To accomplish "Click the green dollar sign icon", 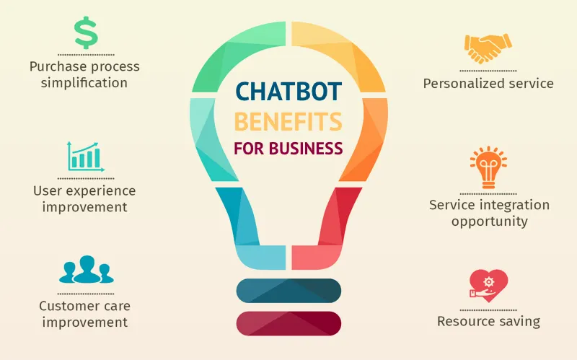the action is pos(86,32).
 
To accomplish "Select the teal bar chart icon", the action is pos(86,157).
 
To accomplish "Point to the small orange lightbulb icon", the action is pos(488,167).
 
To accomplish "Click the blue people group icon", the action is pos(87,269).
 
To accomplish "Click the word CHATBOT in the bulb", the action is pos(288,92).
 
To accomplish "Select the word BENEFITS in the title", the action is pos(288,122).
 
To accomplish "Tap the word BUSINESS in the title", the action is pos(306,149).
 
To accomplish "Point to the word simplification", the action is pos(84,82).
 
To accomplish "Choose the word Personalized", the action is pos(464,84).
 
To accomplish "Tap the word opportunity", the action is pos(490,221).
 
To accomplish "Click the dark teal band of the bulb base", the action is pos(289,291).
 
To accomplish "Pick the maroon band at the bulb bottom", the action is pos(289,323).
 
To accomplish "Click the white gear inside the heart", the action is pos(489,282).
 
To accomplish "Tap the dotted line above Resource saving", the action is pos(488,310).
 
